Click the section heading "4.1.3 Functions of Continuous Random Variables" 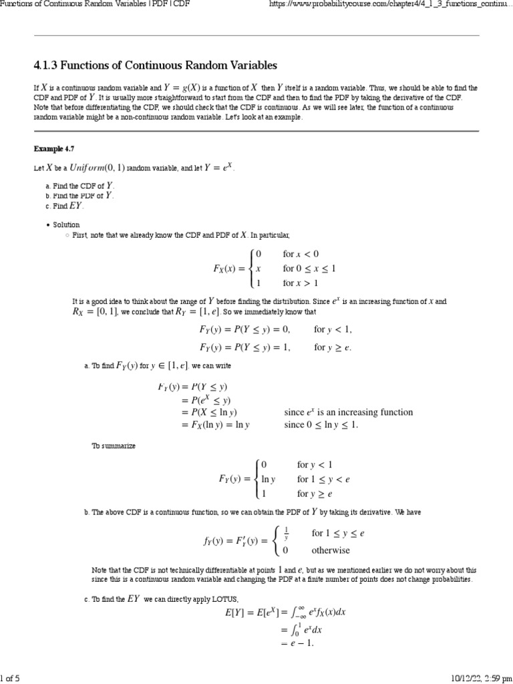(155, 65)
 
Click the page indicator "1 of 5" (10, 678)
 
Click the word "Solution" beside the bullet (66, 225)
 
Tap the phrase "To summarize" (113, 446)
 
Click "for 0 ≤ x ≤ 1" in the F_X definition (309, 269)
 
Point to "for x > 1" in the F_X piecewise (301, 283)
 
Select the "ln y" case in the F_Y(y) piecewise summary (269, 479)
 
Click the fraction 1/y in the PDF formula (286, 533)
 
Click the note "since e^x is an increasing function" (348, 412)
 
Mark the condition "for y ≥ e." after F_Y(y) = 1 (333, 347)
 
